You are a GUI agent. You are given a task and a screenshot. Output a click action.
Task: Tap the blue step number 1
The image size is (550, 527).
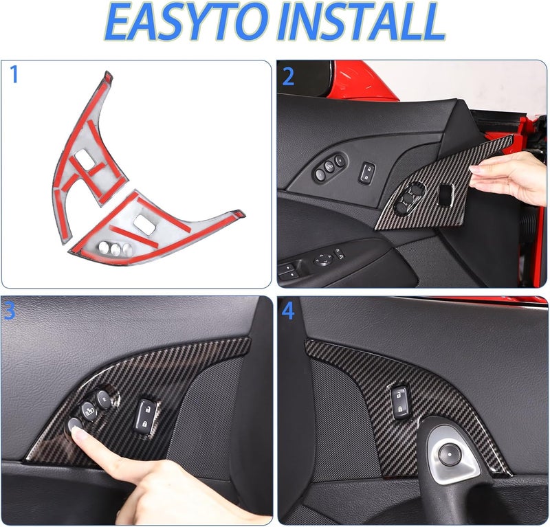coord(14,74)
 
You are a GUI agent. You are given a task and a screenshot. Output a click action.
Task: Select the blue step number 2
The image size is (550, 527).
coord(288,76)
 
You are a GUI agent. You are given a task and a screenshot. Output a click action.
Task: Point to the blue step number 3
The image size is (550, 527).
coord(10,311)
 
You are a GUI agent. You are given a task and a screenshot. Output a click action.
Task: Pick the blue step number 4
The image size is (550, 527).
coord(288,311)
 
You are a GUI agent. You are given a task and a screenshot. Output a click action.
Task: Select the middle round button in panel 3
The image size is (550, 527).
coord(89,411)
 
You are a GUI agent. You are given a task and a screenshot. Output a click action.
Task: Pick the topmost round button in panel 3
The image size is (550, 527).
coord(103,398)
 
